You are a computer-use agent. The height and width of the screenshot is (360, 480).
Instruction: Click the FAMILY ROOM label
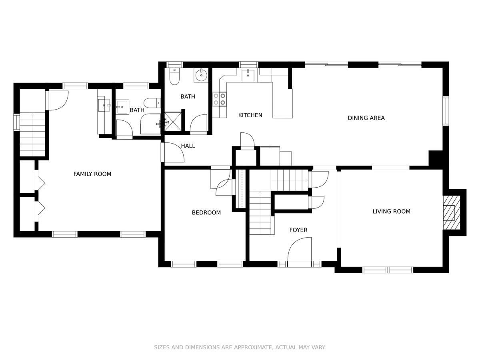[92, 174]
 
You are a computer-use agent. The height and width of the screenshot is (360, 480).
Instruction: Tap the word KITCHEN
[250, 115]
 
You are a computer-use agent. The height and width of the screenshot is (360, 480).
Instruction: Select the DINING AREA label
[366, 118]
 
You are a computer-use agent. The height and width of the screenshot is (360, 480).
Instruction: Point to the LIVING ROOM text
[392, 211]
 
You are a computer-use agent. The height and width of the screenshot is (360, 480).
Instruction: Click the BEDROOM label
[206, 212]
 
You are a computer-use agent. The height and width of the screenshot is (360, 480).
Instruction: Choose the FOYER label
[298, 230]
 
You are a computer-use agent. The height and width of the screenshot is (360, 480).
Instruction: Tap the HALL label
[188, 146]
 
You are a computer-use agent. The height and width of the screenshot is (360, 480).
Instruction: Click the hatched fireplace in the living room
[452, 213]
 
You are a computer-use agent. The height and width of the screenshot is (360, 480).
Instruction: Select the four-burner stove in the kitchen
[219, 99]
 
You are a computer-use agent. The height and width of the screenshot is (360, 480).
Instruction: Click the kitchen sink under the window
[248, 74]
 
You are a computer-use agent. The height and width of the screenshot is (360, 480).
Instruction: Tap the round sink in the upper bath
[201, 75]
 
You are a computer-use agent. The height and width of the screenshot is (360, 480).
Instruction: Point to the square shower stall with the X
[173, 122]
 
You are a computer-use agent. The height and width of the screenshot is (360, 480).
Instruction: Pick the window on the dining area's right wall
[446, 111]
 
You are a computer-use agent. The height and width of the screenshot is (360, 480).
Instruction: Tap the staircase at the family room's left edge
[32, 134]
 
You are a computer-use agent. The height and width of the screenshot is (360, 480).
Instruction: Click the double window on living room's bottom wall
[388, 270]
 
